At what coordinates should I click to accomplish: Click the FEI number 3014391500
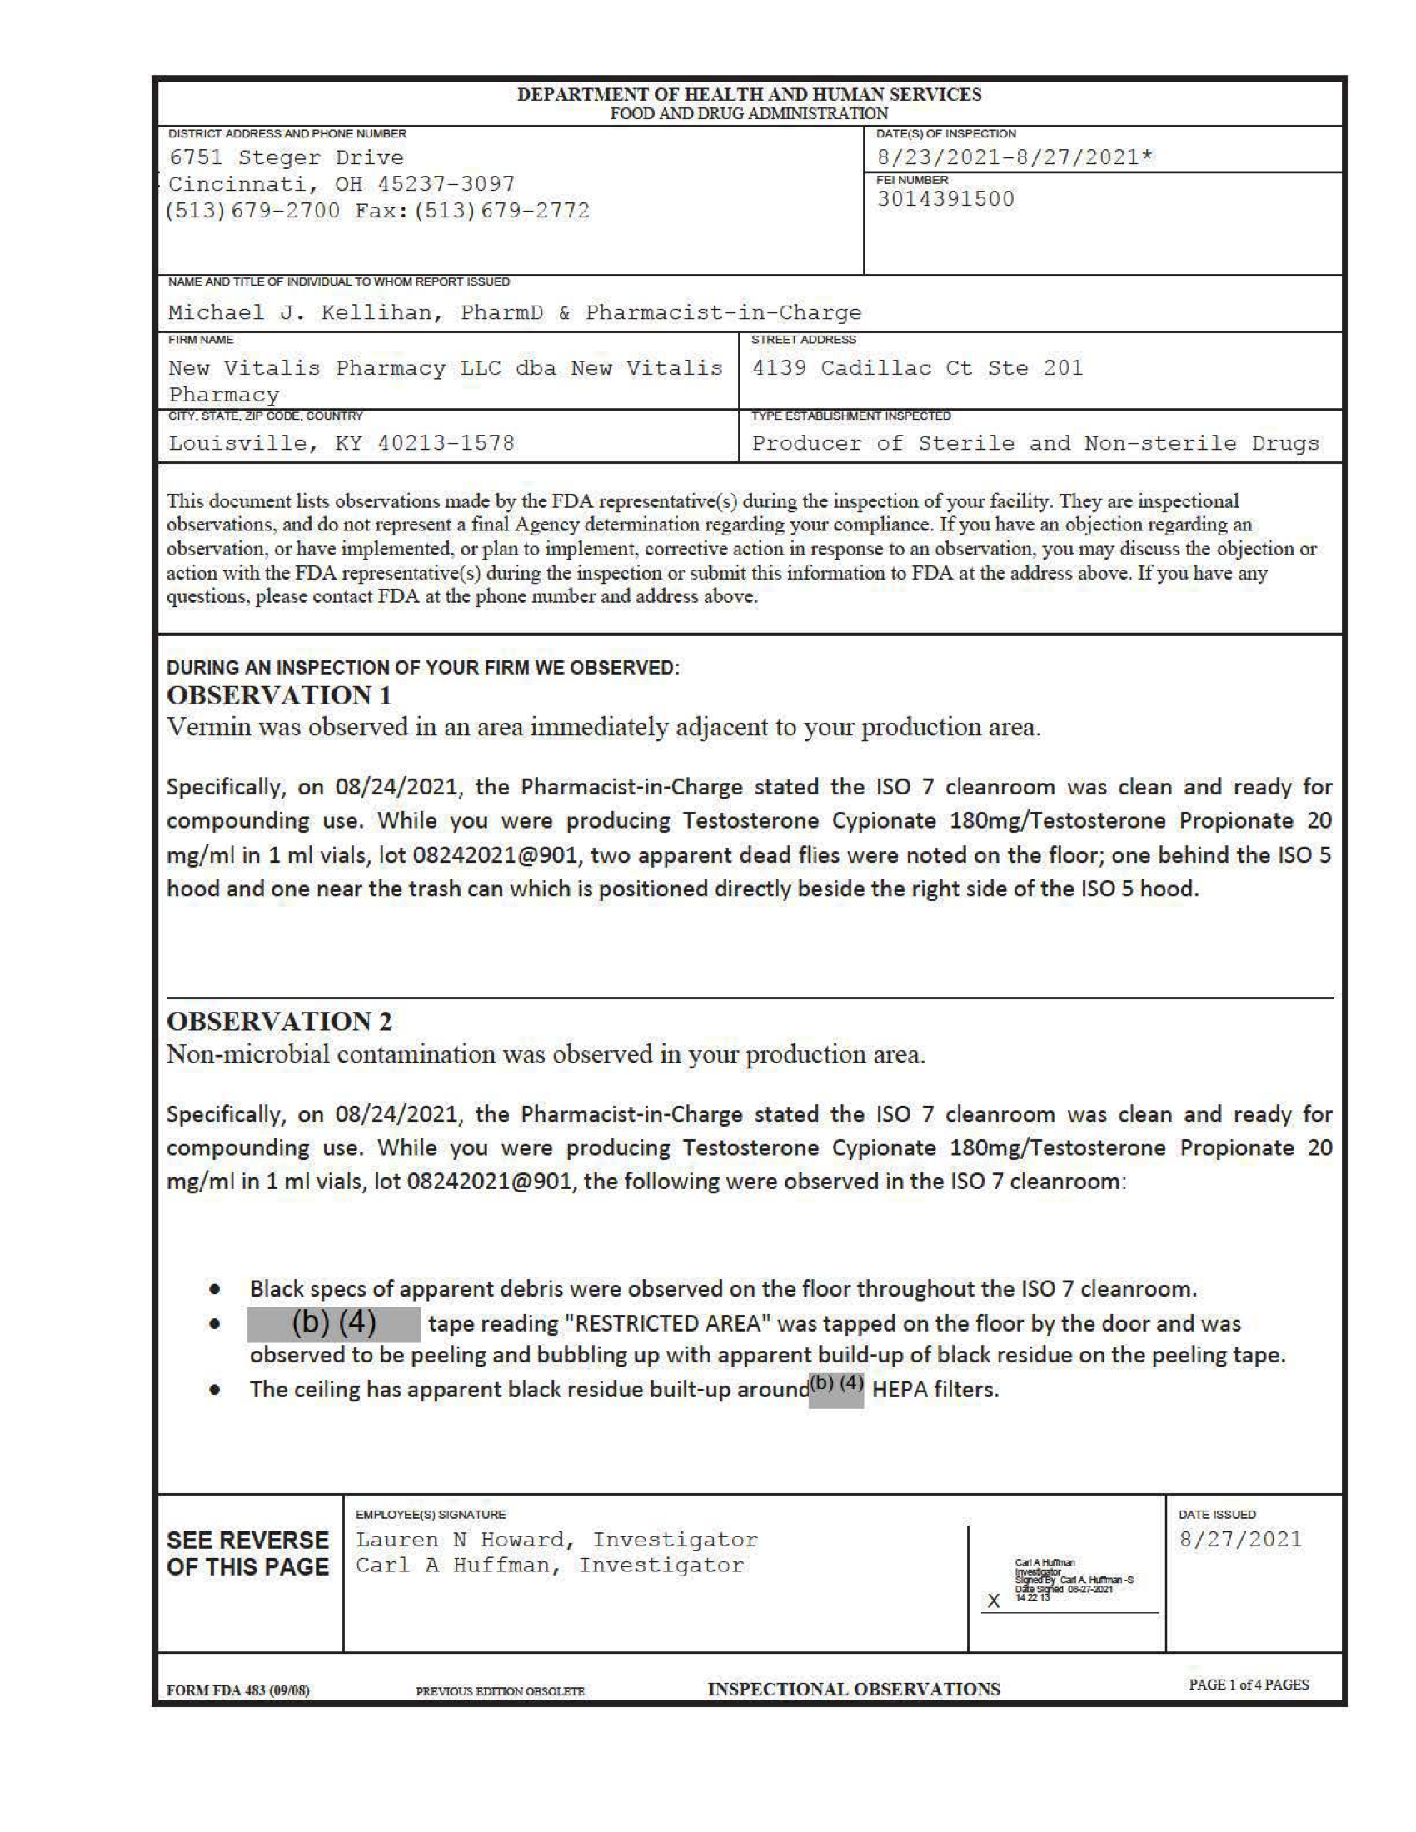(945, 199)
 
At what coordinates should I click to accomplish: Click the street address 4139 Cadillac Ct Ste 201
(917, 368)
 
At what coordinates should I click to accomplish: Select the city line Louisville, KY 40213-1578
(342, 443)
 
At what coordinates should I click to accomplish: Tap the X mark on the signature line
(993, 1601)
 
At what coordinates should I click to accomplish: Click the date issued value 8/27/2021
(1240, 1539)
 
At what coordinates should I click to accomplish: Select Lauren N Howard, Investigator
(556, 1539)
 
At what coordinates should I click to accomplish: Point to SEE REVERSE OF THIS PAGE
(247, 1554)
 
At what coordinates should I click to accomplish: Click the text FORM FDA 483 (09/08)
(237, 1690)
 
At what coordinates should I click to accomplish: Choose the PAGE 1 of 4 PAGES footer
(1249, 1685)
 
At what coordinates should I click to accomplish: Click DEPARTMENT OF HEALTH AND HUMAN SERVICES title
(748, 94)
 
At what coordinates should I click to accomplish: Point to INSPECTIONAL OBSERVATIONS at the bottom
(853, 1689)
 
